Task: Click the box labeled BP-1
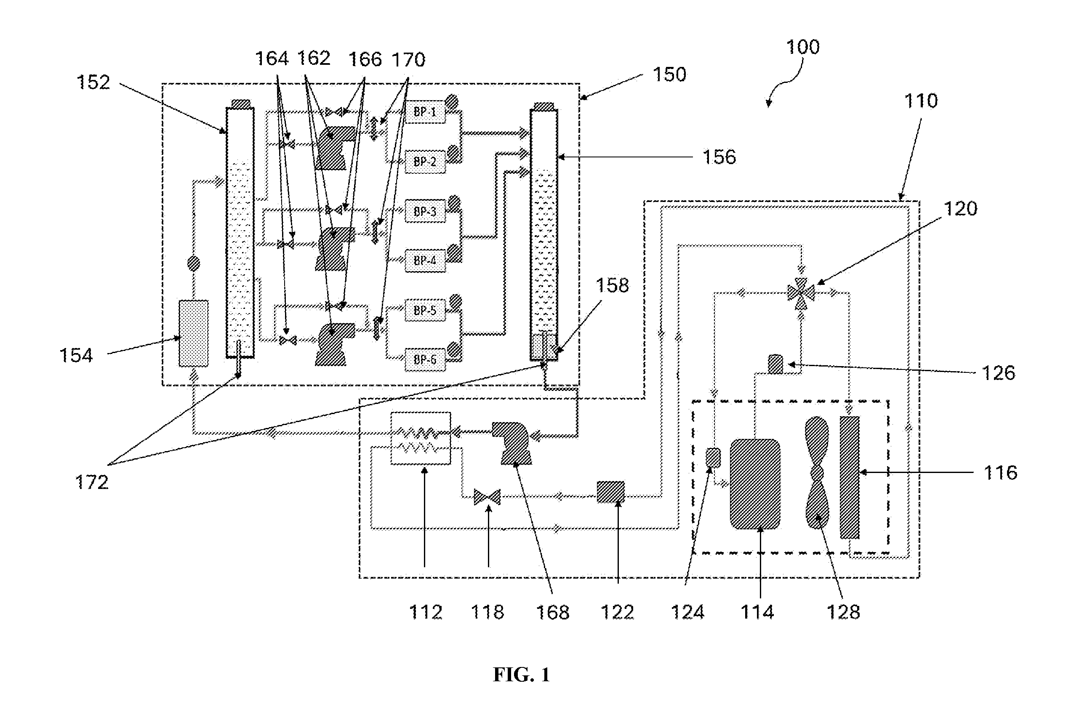425,112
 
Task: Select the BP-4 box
425,260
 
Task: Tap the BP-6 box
425,360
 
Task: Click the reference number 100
802,47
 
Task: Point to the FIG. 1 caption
522,675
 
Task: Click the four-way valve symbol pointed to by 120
800,293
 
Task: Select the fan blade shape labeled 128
817,473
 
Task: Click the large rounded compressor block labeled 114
755,484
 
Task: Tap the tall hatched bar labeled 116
850,477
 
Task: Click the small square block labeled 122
610,492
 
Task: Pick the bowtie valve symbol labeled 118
487,497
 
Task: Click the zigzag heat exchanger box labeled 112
421,438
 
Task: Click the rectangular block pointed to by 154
194,333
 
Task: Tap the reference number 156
719,157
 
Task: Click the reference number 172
92,482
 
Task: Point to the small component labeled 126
775,364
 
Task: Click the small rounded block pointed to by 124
713,458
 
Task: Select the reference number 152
93,82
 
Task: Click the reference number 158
612,286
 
